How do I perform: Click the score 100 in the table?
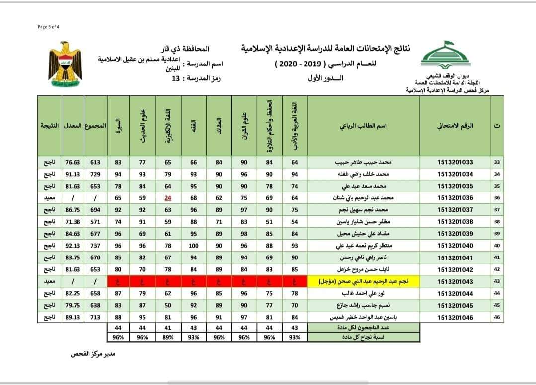(x=194, y=246)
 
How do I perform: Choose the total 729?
(x=95, y=174)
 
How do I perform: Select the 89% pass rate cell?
(x=168, y=337)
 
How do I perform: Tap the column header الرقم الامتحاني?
(x=455, y=126)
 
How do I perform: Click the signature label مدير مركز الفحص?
(x=93, y=355)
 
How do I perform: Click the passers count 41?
(x=168, y=327)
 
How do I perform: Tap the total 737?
(x=95, y=246)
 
